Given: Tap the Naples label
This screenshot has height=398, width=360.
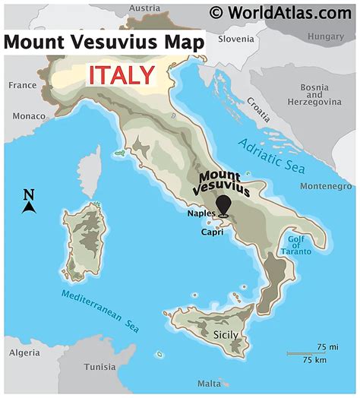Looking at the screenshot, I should (x=201, y=213).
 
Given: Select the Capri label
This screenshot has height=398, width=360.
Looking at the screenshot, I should (x=211, y=233).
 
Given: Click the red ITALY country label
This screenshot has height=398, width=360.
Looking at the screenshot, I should (x=122, y=74).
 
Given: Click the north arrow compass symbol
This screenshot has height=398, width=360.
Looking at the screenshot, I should (x=29, y=202).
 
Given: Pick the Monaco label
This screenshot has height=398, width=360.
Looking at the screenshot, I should (x=28, y=116).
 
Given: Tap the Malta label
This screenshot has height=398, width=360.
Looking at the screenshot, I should (x=209, y=384).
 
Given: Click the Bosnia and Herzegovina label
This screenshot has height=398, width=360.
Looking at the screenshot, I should (x=314, y=95).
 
